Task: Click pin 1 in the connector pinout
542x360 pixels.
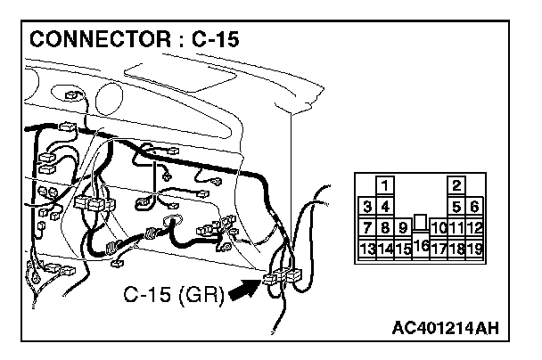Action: tap(385, 185)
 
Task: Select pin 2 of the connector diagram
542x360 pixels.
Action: tap(456, 185)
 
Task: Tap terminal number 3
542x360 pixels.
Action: tap(367, 207)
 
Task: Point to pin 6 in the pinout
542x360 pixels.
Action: tap(474, 207)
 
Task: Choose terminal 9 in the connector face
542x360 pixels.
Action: tap(403, 228)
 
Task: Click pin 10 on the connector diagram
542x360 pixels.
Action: tap(439, 228)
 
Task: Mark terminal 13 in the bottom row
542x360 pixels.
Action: tap(367, 249)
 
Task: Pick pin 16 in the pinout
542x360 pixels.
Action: tap(421, 245)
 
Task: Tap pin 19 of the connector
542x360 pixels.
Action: tap(474, 249)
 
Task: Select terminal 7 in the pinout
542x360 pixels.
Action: tap(367, 228)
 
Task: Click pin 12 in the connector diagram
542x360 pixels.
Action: tap(474, 228)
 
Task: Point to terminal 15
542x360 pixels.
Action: tap(403, 249)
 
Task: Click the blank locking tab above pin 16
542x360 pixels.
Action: tap(421, 222)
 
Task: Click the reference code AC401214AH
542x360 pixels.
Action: tap(445, 329)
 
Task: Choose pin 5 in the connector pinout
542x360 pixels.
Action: tap(456, 207)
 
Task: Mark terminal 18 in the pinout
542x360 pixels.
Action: tap(456, 249)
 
